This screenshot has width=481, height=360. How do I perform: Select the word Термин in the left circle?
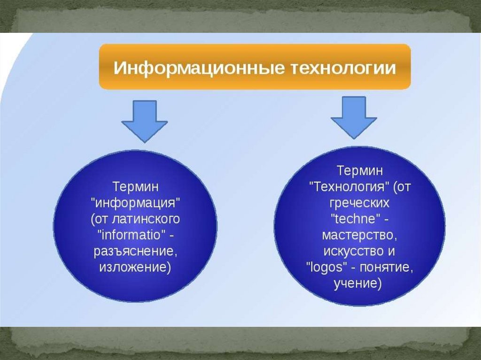(x=135, y=187)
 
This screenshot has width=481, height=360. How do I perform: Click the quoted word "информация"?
(x=135, y=203)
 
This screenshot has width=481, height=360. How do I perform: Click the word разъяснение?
(x=135, y=251)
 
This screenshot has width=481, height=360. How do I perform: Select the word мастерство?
(x=359, y=234)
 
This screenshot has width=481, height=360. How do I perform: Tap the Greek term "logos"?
(x=325, y=267)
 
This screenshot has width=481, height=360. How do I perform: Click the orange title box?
(x=255, y=67)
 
